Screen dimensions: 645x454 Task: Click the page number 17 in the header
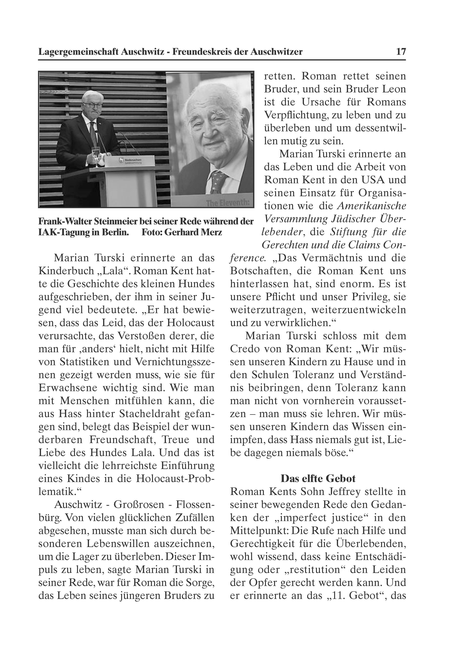401,52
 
